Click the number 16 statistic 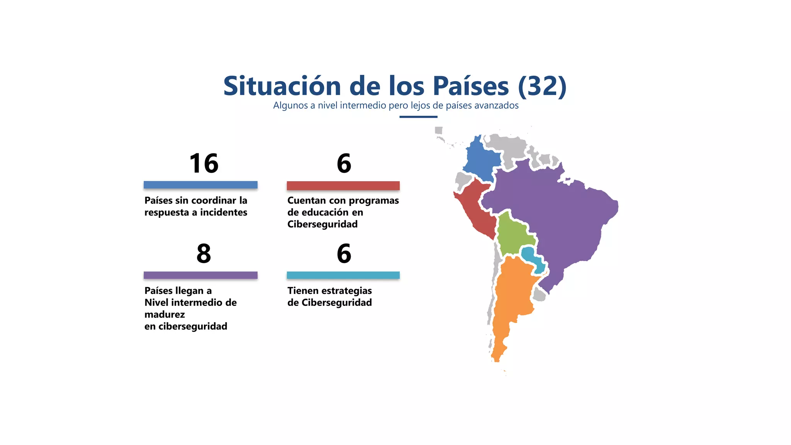pyautogui.click(x=204, y=163)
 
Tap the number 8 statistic pyautogui.click(x=204, y=254)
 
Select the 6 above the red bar pyautogui.click(x=344, y=163)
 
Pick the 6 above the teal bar pyautogui.click(x=344, y=254)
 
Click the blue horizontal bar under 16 pyautogui.click(x=200, y=185)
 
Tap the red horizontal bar pyautogui.click(x=343, y=186)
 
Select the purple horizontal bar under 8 pyautogui.click(x=200, y=275)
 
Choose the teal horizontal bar pyautogui.click(x=343, y=275)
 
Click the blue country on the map pyautogui.click(x=481, y=158)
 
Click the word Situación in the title pyautogui.click(x=282, y=86)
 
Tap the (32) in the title pyautogui.click(x=542, y=86)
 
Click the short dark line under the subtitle pyautogui.click(x=418, y=117)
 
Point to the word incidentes pyautogui.click(x=224, y=212)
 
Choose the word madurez pyautogui.click(x=165, y=314)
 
